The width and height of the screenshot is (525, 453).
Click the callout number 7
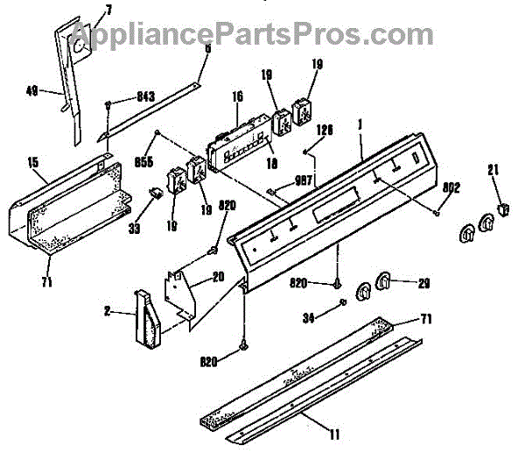108,9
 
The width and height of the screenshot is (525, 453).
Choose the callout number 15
32,161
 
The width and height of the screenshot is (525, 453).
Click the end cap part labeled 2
147,315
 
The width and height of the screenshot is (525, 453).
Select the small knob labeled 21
502,209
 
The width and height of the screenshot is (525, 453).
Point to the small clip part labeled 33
157,192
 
